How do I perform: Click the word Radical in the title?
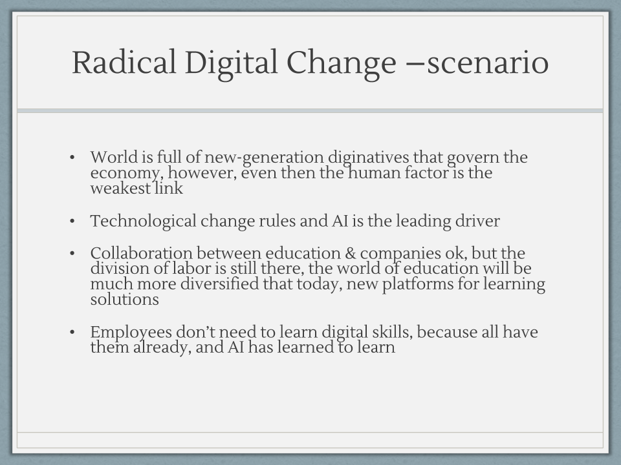coord(124,62)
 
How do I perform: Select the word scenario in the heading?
coord(488,63)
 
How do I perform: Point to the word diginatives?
coord(368,158)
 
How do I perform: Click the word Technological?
coord(143,222)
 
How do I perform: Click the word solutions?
coord(124,299)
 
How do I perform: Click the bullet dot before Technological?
coord(72,221)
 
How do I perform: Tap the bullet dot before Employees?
coord(72,332)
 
